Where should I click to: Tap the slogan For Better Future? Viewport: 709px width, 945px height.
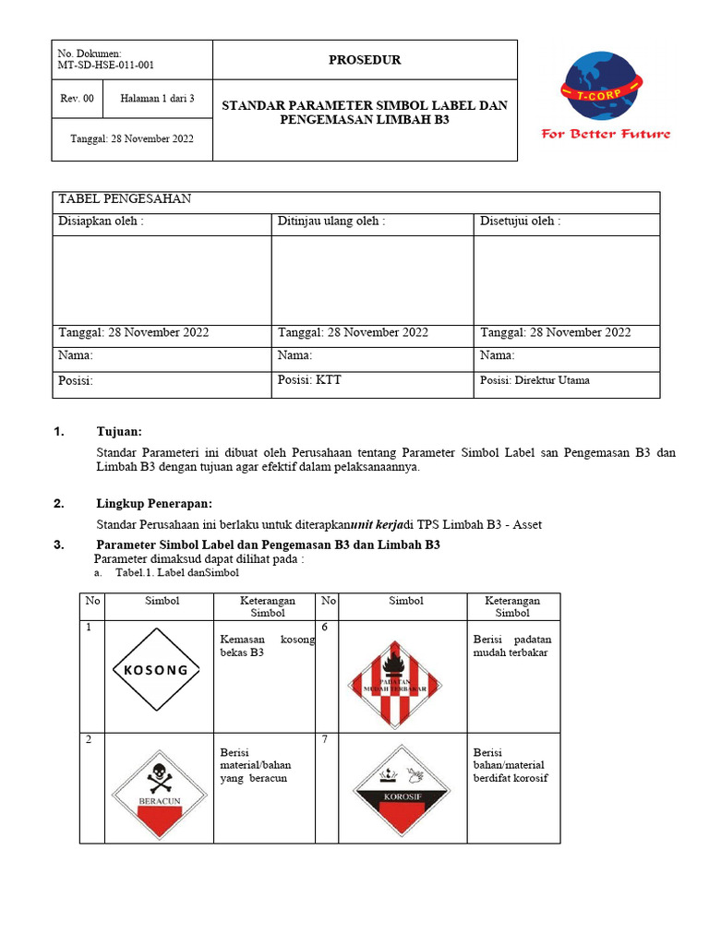tap(606, 134)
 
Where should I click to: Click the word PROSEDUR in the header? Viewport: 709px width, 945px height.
tap(365, 61)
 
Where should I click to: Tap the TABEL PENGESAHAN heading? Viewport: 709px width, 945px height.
tap(125, 199)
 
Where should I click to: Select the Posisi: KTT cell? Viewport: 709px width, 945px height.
tap(309, 380)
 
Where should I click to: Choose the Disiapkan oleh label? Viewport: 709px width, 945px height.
tap(102, 221)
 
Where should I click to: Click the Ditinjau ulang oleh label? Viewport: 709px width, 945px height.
tap(331, 221)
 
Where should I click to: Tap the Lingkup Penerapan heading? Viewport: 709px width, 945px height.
tap(154, 504)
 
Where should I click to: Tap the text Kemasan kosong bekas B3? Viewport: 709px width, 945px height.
tap(267, 646)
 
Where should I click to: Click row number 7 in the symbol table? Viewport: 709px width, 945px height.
tap(325, 741)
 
